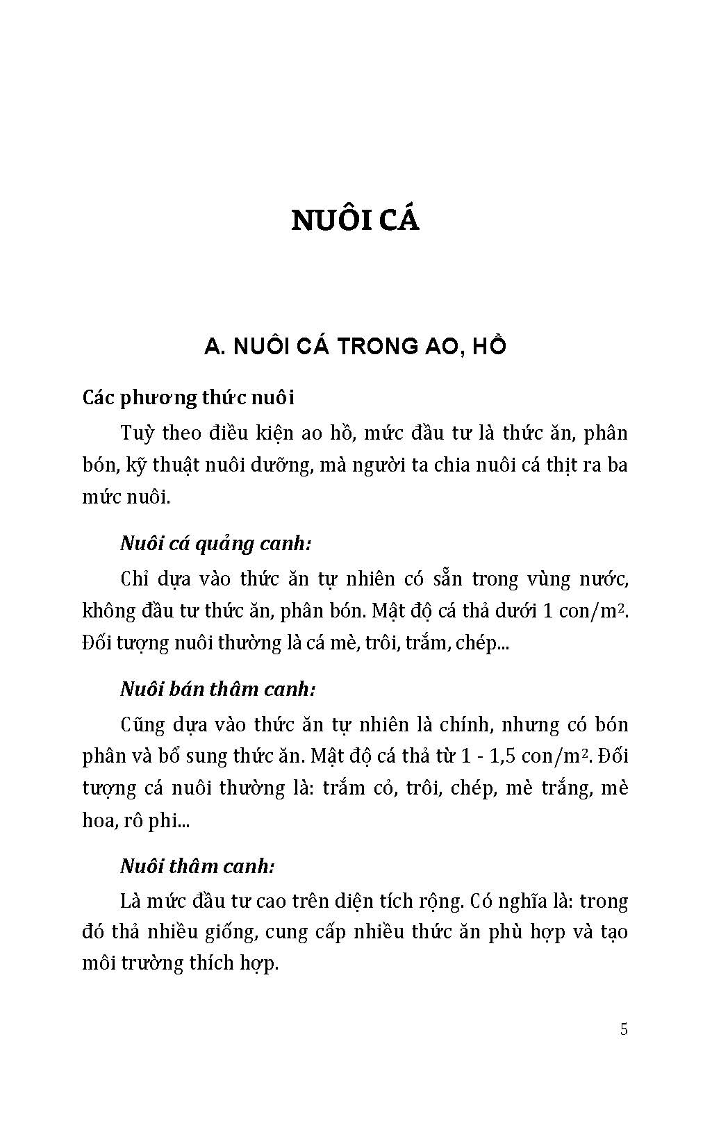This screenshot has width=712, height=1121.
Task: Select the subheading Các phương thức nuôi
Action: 188,398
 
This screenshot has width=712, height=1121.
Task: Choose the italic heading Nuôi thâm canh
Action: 198,866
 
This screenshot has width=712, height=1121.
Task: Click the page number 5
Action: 624,1029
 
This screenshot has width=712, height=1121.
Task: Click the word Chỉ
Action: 135,579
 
